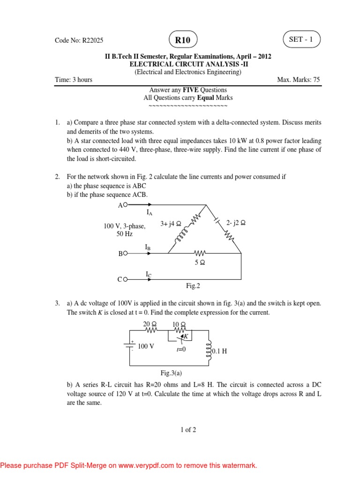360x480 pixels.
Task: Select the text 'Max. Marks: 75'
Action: (298, 80)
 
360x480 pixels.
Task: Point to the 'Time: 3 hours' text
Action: (74, 80)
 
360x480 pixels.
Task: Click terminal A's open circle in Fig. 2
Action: (126, 205)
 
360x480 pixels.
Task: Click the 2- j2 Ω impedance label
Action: (236, 223)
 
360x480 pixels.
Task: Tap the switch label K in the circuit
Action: (186, 336)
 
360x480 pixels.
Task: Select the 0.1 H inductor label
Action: (220, 351)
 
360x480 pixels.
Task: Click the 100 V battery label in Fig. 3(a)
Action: (146, 346)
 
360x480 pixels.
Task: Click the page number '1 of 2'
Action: (187, 430)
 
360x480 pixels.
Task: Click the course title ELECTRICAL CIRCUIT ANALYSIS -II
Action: (187, 64)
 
